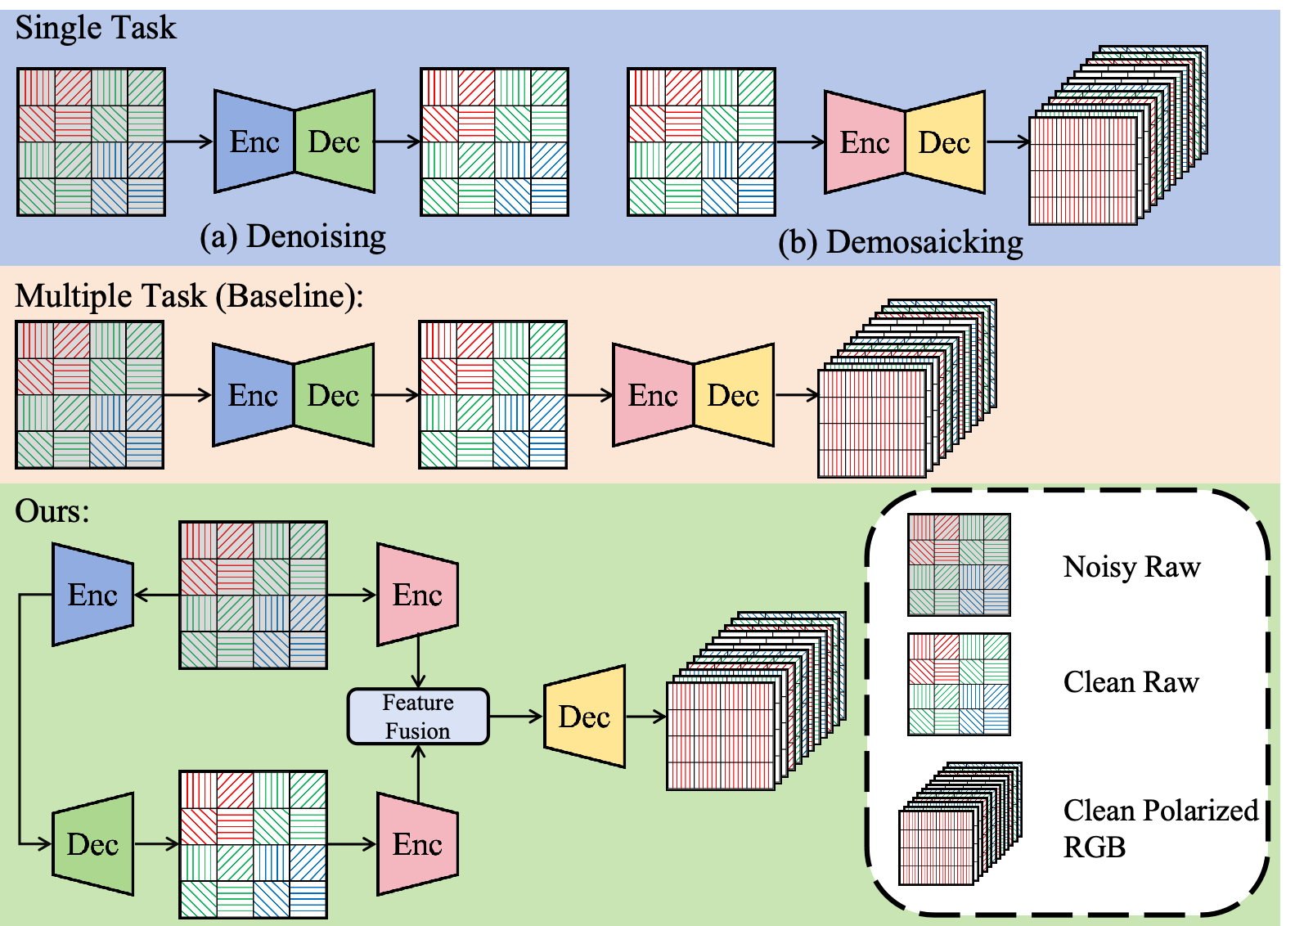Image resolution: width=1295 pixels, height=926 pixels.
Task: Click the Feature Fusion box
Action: point(418,717)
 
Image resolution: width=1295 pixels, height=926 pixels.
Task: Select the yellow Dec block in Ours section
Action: point(584,717)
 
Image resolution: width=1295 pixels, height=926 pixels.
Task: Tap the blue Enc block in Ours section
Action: point(92,595)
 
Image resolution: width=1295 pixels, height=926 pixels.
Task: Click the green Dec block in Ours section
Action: point(92,844)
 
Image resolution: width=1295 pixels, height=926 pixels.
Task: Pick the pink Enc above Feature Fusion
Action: point(417,595)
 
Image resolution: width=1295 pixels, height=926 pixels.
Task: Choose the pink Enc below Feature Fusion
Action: point(417,844)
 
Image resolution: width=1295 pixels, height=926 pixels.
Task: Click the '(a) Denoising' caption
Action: point(293,236)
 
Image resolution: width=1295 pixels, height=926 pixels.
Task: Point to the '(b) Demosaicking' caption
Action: point(900,243)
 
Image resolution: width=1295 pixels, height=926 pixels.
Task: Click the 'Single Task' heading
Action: point(96,28)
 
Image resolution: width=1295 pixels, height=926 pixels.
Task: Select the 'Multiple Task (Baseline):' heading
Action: point(189,296)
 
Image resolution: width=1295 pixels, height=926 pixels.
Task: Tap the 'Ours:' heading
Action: point(52,511)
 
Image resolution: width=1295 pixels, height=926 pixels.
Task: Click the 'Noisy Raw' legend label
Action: point(1131,566)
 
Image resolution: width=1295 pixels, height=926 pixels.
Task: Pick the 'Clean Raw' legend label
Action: point(1131,681)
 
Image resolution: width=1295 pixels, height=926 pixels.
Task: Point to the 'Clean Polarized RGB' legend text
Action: point(1159,827)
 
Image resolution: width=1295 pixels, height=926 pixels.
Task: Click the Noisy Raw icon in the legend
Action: point(959,564)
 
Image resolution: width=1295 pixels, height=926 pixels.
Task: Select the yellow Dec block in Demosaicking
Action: point(944,143)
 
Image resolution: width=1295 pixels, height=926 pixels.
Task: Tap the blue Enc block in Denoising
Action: point(254,142)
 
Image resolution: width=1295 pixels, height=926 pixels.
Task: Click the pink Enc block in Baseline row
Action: point(653,396)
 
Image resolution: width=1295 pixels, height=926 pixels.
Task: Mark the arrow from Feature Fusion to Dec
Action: point(516,717)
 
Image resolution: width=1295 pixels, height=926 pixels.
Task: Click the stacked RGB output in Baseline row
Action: point(900,393)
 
